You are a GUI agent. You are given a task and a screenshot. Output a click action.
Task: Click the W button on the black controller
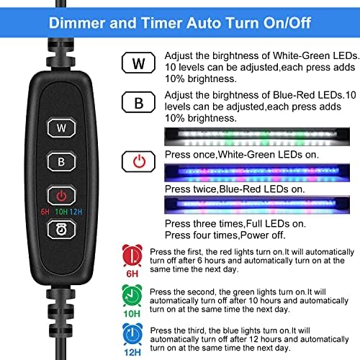point(61,127)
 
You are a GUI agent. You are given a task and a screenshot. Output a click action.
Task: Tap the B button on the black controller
point(61,161)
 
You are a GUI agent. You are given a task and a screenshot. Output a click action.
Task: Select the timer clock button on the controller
point(61,230)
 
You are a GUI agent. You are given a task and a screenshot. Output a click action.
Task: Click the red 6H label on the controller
point(45,212)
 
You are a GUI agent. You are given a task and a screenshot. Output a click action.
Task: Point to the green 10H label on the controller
point(61,212)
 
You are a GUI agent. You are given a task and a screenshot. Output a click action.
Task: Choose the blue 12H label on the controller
point(76,212)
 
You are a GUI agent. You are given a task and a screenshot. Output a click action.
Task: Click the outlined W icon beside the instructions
point(138,63)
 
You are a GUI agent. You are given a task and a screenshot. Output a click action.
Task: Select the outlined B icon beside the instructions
point(138,102)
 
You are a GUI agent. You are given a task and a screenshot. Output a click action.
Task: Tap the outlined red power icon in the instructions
point(138,161)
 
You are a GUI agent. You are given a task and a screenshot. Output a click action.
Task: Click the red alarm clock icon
point(132,256)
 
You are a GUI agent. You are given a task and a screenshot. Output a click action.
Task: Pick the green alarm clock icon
point(132,295)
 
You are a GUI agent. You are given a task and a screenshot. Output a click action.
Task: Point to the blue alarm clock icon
point(132,334)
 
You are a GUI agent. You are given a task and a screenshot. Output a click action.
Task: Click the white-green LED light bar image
point(257,137)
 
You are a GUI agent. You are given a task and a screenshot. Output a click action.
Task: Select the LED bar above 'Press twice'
point(257,173)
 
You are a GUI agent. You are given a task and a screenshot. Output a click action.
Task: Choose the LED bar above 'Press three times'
point(257,204)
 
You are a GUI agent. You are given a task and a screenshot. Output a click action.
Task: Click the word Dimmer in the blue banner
point(77,23)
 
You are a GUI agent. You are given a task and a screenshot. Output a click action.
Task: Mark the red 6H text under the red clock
point(132,274)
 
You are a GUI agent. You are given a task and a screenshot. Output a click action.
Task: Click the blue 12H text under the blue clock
point(132,352)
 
